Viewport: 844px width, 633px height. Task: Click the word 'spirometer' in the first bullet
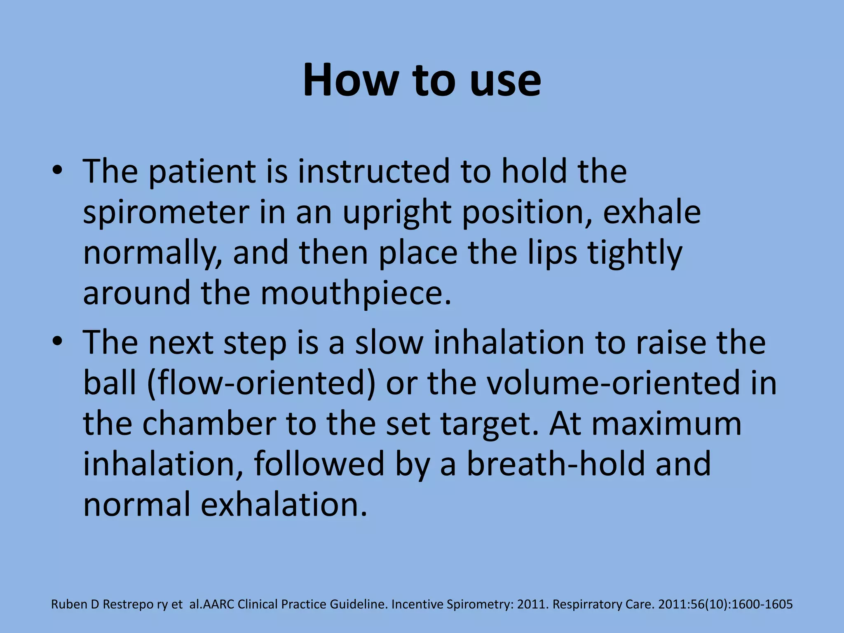[166, 213]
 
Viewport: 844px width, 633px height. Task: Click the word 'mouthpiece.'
[356, 293]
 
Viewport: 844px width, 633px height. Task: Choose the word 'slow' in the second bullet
[389, 342]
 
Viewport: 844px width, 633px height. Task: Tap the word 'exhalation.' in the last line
[284, 504]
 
